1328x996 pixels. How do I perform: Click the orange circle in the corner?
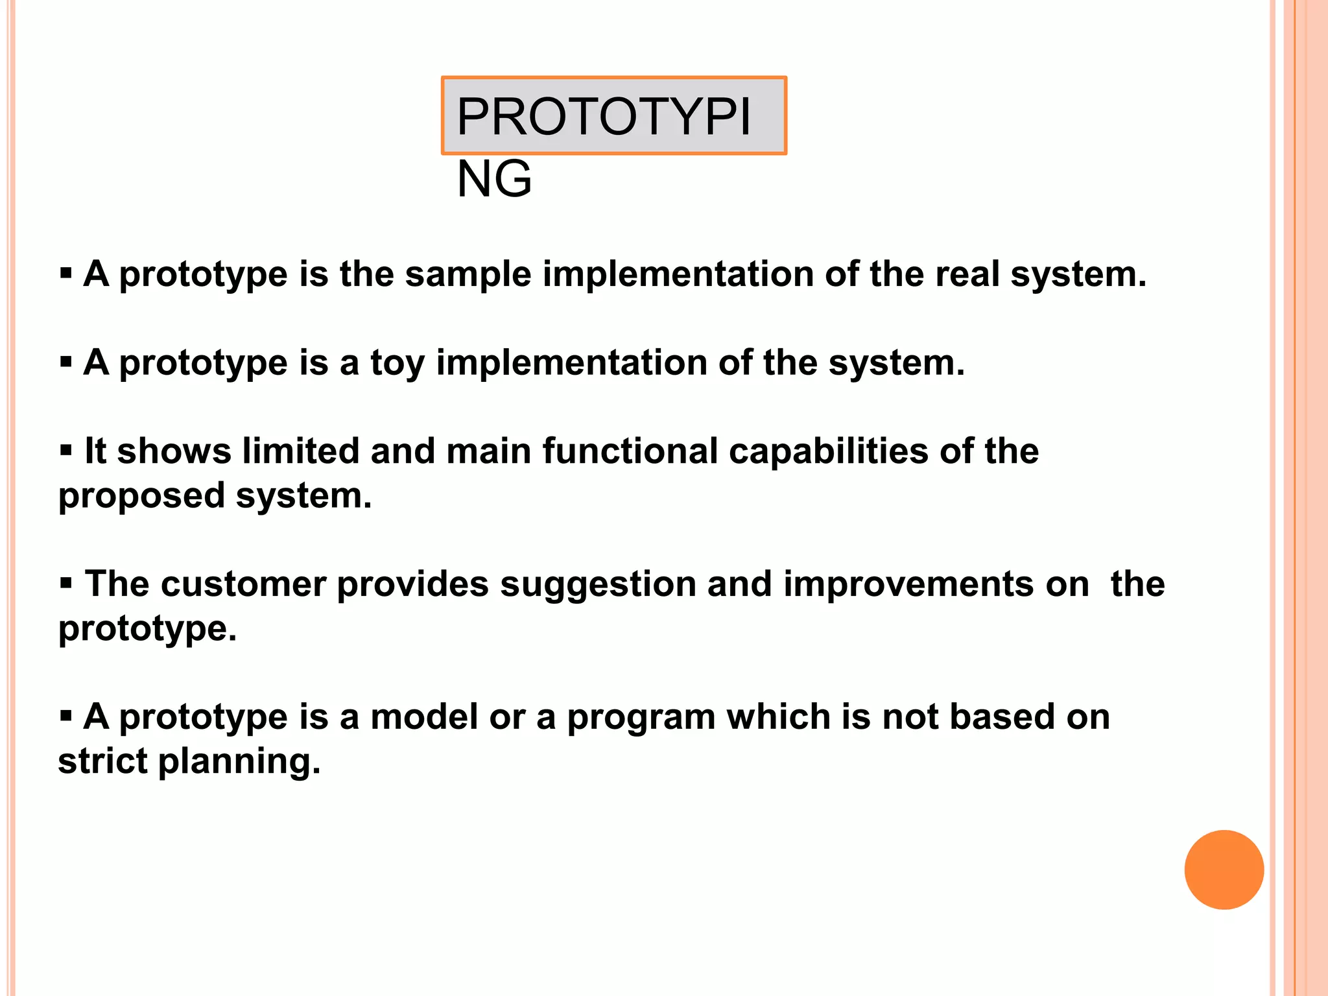click(x=1224, y=870)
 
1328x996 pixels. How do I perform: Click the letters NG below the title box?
click(x=494, y=180)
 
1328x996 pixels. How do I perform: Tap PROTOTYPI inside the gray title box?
click(x=604, y=117)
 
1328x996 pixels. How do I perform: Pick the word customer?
click(x=243, y=584)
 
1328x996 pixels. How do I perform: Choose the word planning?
click(x=239, y=762)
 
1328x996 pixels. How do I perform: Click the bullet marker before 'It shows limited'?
click(x=66, y=449)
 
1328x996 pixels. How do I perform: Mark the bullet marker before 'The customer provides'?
click(x=66, y=582)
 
